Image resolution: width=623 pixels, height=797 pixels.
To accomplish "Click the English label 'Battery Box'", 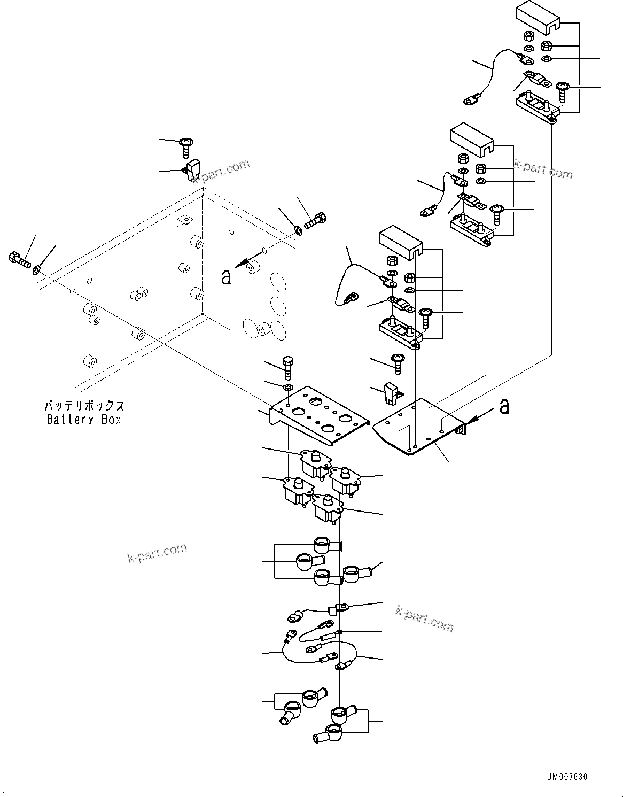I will click(x=84, y=420).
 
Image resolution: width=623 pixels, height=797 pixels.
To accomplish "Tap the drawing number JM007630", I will click(x=566, y=777).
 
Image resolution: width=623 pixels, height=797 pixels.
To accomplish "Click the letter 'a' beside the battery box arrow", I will click(x=227, y=277).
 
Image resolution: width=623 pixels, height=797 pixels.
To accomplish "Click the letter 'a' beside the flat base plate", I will click(x=503, y=407).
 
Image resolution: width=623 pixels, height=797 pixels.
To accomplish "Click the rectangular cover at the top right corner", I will click(x=537, y=16).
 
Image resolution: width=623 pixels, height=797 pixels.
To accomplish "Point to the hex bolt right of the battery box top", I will click(x=315, y=220).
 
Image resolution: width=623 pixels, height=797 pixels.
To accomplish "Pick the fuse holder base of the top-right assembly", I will click(x=536, y=107).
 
